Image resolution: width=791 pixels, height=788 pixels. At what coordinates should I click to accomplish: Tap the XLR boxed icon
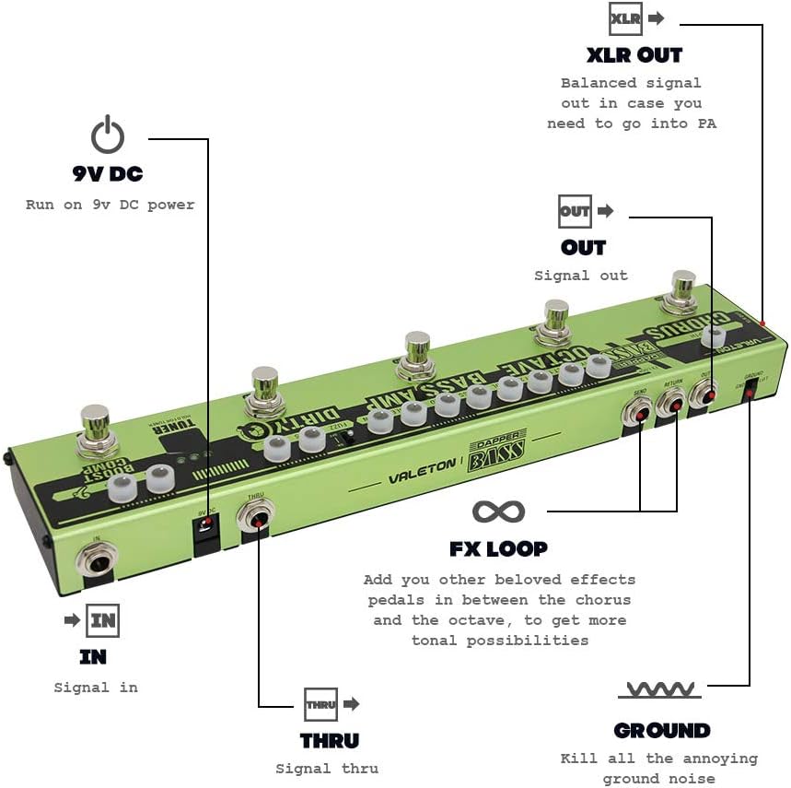point(626,18)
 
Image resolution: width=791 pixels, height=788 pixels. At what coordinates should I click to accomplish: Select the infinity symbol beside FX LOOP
point(498,511)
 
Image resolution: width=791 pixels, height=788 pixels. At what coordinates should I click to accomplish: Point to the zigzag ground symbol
point(658,688)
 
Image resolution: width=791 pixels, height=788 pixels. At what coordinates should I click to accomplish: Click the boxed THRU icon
point(320,704)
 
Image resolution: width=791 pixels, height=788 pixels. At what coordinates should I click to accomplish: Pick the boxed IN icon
point(102,620)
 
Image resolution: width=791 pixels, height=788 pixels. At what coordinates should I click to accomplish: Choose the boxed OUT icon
point(575,211)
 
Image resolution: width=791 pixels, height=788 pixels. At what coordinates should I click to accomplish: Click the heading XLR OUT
point(634,54)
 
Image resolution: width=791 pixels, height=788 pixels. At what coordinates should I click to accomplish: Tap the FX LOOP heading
point(498,548)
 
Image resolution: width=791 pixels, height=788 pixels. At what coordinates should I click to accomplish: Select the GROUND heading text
point(662,731)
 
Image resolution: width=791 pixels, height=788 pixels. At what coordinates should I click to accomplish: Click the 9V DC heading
point(108,173)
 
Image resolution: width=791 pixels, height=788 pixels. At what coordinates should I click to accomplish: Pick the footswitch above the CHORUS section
point(683,288)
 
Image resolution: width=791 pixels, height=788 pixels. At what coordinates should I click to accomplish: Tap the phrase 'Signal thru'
point(327,768)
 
